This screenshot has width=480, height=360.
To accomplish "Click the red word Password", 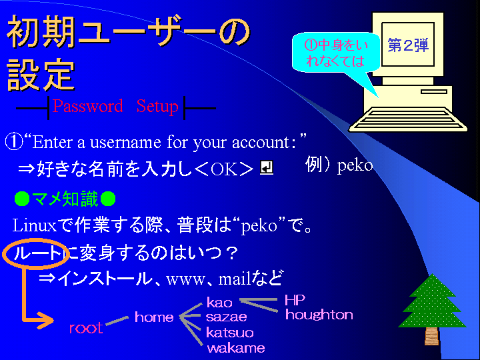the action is point(87,106).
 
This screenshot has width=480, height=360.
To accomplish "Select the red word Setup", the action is point(157,107).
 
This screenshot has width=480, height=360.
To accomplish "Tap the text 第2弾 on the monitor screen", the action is point(408,45).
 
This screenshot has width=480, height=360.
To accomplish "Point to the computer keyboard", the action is point(408,119).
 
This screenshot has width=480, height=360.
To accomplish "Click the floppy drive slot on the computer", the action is point(434,91).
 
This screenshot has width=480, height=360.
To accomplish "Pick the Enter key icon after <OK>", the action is point(266,167).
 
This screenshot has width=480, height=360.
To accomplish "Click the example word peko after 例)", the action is point(355,166).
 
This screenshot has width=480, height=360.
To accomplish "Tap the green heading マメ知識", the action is point(65,199).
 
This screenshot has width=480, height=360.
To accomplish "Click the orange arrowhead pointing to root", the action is point(45,321).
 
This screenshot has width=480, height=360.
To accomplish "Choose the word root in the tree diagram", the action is point(86,328).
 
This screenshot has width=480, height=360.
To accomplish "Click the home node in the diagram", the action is point(154,317).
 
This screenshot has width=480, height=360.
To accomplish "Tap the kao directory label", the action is point(219,303).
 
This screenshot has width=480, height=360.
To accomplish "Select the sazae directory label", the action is point(227,317).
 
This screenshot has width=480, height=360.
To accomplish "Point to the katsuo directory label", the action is point(230,332).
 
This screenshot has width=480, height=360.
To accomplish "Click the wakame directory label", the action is point(236,348).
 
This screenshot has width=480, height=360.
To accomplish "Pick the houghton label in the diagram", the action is point(319,315).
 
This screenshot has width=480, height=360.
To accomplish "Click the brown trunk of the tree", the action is point(431,335).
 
